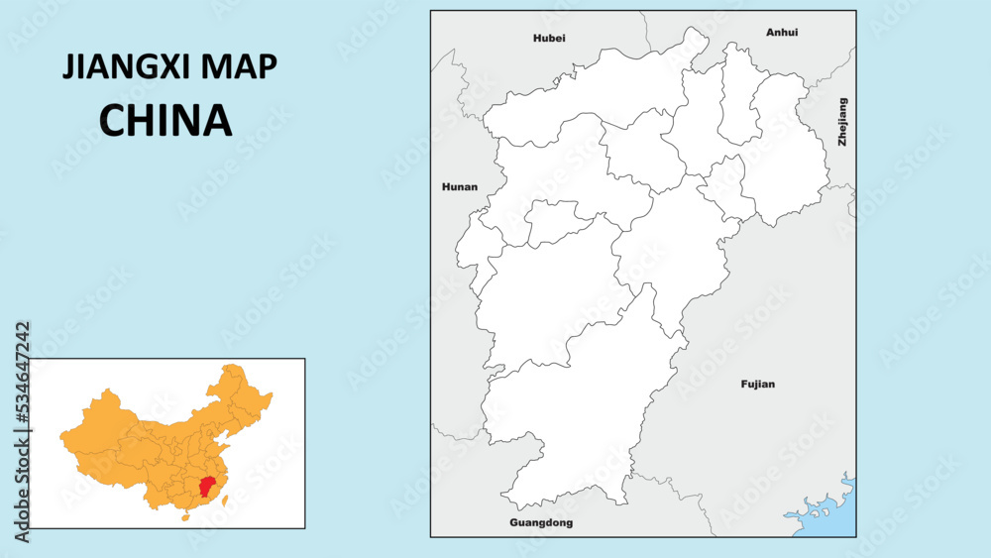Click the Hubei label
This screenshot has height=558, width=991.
tap(549, 38)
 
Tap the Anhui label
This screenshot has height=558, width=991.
tap(782, 33)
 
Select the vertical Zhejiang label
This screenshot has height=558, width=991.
tap(843, 122)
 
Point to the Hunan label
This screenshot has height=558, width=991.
tap(460, 186)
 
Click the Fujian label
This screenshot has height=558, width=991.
tap(758, 384)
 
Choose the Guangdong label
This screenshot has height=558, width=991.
tap(541, 522)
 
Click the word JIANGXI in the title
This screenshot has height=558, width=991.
tap(129, 66)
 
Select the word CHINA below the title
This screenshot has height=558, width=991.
tap(165, 120)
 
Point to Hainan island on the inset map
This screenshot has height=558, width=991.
tap(183, 516)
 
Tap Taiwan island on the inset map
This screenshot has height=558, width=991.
tap(226, 502)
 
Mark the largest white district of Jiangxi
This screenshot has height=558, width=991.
tap(575, 416)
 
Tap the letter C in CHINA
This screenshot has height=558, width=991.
tap(114, 120)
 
